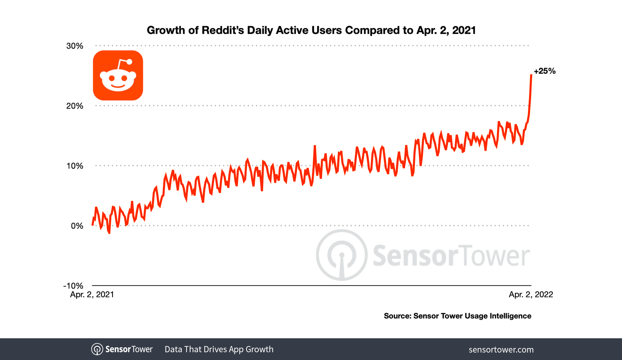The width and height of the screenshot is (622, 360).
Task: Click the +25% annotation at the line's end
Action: (x=544, y=71)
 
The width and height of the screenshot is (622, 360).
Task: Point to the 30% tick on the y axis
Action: (x=75, y=46)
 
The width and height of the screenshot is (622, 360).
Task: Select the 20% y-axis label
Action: (x=75, y=106)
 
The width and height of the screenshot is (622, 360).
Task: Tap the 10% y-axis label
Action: (x=75, y=166)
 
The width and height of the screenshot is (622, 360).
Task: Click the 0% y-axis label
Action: (x=77, y=226)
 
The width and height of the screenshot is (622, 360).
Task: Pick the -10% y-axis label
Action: (x=73, y=286)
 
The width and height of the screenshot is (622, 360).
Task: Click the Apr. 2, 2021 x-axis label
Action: (x=92, y=294)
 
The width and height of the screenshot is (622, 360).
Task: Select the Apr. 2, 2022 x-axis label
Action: (x=531, y=294)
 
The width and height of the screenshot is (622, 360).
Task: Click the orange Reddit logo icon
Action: (x=118, y=75)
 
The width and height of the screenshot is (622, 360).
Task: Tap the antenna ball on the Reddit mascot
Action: (x=129, y=62)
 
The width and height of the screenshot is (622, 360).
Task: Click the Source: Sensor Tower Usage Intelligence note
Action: (x=457, y=316)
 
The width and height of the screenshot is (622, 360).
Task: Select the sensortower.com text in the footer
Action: (x=501, y=350)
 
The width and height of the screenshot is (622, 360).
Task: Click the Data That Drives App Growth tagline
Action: (x=219, y=349)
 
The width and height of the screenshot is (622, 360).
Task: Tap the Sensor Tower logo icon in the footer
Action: (x=97, y=349)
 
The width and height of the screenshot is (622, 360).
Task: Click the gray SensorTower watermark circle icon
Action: (x=342, y=255)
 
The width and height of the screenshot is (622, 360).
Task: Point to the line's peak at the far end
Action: (x=531, y=75)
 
